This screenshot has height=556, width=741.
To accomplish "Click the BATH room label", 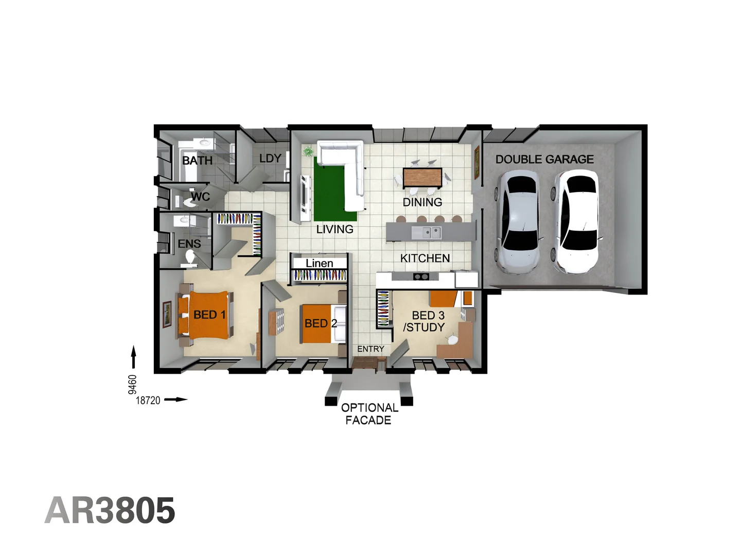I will coord(197,161).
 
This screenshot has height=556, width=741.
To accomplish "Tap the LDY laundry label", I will coord(270,159).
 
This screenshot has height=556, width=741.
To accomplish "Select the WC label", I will coord(200,197).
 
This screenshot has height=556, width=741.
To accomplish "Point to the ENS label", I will coord(189,244).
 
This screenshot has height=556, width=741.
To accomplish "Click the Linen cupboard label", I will coord(319,264).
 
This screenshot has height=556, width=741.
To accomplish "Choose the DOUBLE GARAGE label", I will coord(544,160).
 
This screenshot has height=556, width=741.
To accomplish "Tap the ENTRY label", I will coord(370,349).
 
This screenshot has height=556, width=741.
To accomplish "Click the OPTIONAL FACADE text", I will coord(369,414).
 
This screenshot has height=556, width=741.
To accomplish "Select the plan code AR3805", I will coord(110,511).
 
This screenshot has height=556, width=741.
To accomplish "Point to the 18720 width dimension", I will coord(148,400).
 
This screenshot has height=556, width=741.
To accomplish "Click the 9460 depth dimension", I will coord(133,385).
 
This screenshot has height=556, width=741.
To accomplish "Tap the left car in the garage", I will coord(518,221).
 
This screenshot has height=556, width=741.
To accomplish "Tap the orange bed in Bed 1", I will coord(208,315).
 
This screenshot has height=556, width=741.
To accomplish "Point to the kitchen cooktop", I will coord(421,277).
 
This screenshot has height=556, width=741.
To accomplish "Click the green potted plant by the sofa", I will coord(308,151).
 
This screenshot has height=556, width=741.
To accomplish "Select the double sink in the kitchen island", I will coord(429,233).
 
